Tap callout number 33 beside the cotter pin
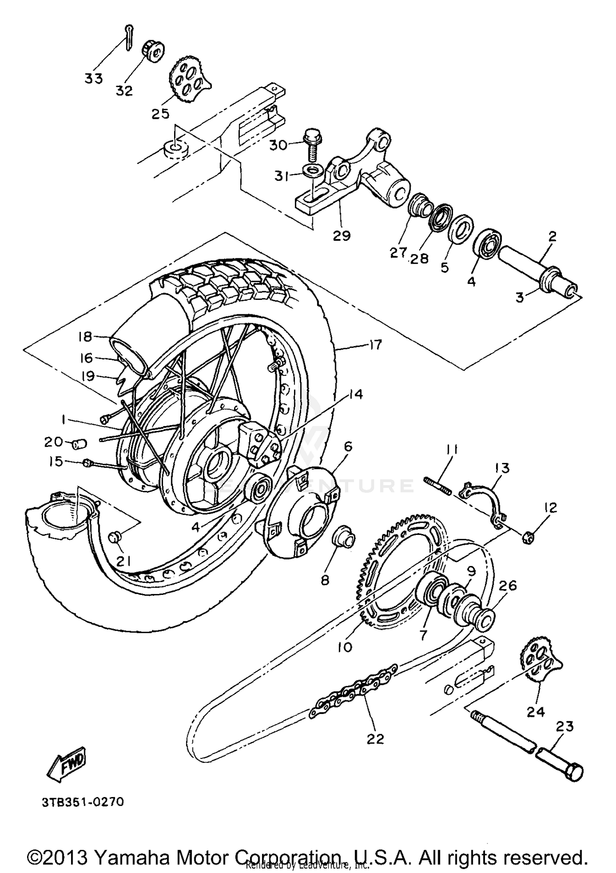[x=93, y=78]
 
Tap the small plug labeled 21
[x=115, y=537]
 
